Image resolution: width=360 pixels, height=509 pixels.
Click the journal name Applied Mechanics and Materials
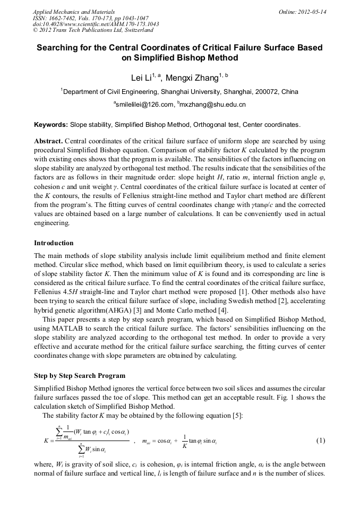click(x=74, y=11)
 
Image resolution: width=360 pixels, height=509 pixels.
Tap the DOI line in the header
click(x=96, y=24)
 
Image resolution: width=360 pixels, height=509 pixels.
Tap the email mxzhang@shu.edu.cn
click(x=213, y=105)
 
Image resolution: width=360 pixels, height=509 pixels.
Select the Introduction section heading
click(x=54, y=243)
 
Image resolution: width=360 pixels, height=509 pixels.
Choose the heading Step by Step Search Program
click(x=80, y=376)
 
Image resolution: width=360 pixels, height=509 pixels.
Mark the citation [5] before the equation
click(x=238, y=415)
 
